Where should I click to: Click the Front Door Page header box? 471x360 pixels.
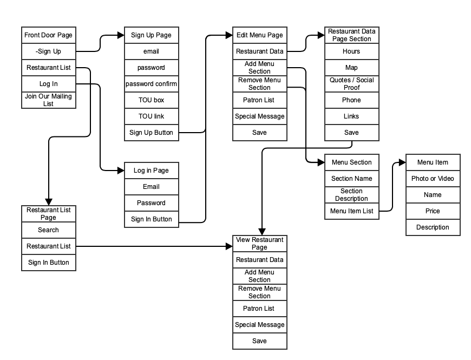tap(48, 35)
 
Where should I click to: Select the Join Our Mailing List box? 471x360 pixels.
tap(48, 100)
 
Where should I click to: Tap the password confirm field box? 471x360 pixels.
tap(151, 84)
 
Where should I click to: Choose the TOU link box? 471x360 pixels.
tap(151, 116)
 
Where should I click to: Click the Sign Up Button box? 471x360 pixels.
tap(151, 133)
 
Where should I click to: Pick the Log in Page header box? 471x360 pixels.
tap(151, 171)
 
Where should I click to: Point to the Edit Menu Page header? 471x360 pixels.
tap(259, 35)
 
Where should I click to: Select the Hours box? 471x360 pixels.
tap(351, 51)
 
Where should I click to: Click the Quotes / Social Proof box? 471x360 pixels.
tap(351, 84)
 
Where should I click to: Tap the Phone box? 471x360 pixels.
tap(351, 100)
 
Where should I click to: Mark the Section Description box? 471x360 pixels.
tap(351, 195)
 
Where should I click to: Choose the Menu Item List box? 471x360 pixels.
tap(351, 211)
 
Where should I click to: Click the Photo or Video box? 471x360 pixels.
tap(433, 179)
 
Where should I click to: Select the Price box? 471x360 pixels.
tap(433, 211)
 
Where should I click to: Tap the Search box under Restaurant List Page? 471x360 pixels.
tap(48, 230)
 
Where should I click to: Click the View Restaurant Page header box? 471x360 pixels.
tap(259, 244)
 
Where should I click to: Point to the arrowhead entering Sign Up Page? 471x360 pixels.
tap(121, 35)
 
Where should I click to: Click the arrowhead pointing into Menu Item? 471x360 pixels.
tap(402, 162)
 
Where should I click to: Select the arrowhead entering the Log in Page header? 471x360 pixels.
tap(121, 171)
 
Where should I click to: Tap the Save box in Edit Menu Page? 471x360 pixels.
tap(259, 133)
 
